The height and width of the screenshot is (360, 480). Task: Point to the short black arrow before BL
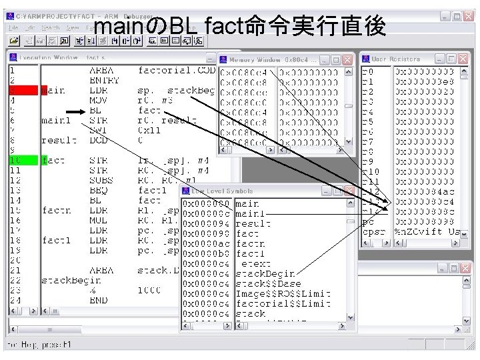click(75, 111)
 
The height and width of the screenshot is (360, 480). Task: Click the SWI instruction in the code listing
click(97, 130)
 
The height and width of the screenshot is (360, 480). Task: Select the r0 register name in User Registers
click(367, 71)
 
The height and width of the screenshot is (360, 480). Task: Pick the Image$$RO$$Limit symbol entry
click(283, 293)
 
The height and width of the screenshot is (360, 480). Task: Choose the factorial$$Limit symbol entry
click(283, 303)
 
